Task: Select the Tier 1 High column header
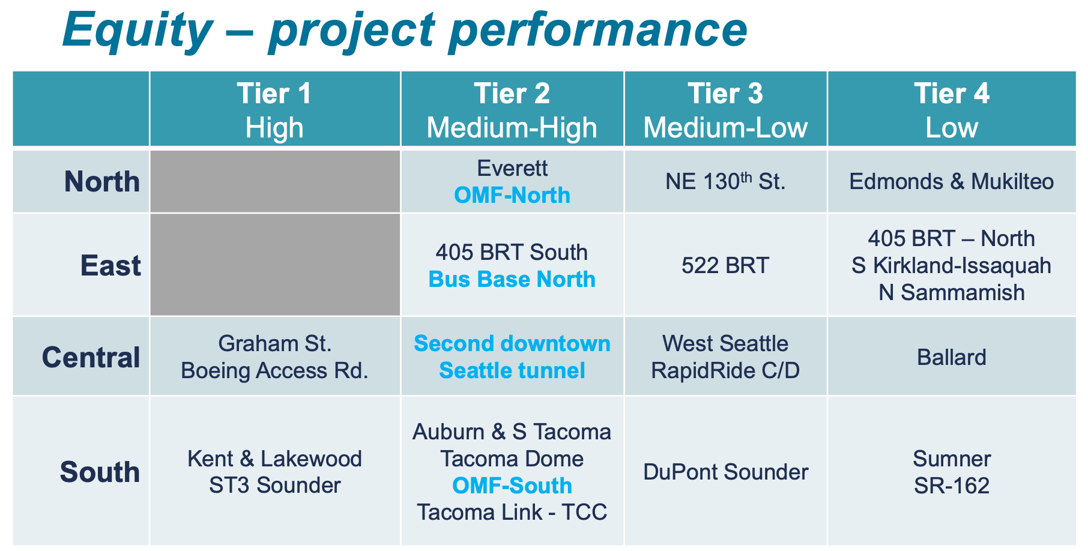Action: pyautogui.click(x=274, y=110)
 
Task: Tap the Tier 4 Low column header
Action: pyautogui.click(x=952, y=110)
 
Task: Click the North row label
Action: pyautogui.click(x=101, y=182)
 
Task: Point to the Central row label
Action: pyautogui.click(x=91, y=358)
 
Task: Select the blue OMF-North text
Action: pyautogui.click(x=512, y=196)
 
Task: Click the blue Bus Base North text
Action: pyautogui.click(x=512, y=280)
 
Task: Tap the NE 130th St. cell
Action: pyautogui.click(x=725, y=182)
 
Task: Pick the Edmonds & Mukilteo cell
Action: pyautogui.click(x=951, y=182)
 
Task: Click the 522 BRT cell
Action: pyautogui.click(x=725, y=265)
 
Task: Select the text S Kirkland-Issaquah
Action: pyautogui.click(x=951, y=265)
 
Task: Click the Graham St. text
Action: pyautogui.click(x=274, y=344)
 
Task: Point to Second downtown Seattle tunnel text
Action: pyautogui.click(x=512, y=357)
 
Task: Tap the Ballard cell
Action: pyautogui.click(x=951, y=358)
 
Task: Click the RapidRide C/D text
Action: pyautogui.click(x=725, y=371)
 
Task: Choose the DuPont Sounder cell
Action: pyautogui.click(x=725, y=472)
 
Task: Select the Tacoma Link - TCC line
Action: pyautogui.click(x=512, y=513)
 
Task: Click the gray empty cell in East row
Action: pyautogui.click(x=274, y=265)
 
